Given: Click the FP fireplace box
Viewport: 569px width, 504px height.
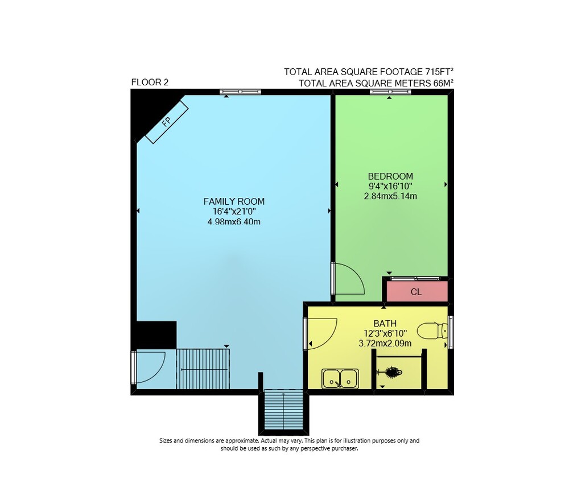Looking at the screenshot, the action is [x=167, y=122].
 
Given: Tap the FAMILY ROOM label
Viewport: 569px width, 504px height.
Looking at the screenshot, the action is [x=234, y=201].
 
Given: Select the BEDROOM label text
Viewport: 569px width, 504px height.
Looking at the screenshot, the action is [x=390, y=176].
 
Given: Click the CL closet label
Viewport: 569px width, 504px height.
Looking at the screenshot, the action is [x=417, y=292].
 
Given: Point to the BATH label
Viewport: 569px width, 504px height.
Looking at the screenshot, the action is [x=385, y=323].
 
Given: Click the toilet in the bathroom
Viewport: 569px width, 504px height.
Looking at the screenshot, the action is [x=432, y=331].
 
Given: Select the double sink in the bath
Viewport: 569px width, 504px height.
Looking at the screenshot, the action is [x=340, y=378].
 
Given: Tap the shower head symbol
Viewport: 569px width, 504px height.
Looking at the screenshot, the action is [x=390, y=372].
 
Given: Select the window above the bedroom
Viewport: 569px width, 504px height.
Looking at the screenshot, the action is [x=390, y=92].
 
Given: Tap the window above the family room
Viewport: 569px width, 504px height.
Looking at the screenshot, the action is [x=240, y=92].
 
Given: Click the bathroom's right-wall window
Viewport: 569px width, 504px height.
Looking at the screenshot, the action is [x=451, y=332].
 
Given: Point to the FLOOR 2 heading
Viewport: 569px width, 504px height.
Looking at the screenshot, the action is [x=150, y=82].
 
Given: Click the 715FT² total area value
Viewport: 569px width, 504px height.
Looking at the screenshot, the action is [x=439, y=72].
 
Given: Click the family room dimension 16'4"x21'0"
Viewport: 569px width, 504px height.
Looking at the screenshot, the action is [x=234, y=212].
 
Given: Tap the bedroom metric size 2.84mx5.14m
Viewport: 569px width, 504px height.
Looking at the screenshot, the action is [x=390, y=196].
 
